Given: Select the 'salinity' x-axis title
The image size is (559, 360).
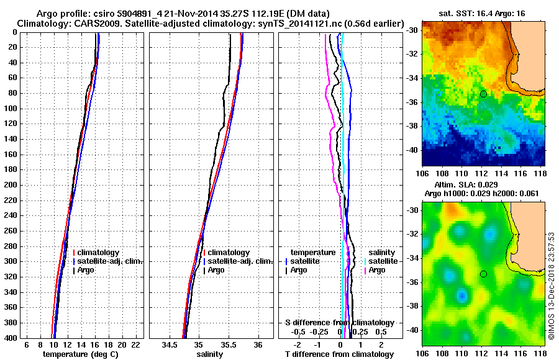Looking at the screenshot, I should coord(210,354).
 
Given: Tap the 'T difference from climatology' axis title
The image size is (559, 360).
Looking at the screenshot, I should coord(340,354).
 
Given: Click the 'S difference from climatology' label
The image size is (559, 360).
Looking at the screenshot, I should coord(340,323).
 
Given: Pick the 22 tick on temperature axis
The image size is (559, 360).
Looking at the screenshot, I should coord(135,344).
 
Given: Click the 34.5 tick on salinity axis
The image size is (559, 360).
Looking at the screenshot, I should coord(169,344).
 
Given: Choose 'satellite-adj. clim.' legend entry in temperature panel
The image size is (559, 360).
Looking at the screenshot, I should coord(111,261).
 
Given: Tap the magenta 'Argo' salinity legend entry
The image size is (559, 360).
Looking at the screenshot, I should coord(376,270).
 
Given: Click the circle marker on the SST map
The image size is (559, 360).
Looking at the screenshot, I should coord(483,94).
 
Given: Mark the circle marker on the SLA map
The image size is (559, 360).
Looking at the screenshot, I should coord(483,274).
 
